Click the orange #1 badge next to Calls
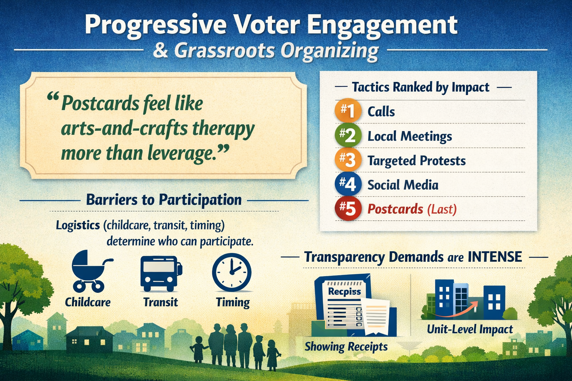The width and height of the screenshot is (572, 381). [348, 111]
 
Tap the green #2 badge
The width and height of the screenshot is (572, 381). [348, 136]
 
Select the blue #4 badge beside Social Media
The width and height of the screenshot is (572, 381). [348, 185]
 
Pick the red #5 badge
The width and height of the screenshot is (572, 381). [348, 209]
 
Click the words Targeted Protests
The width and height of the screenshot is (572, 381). [416, 161]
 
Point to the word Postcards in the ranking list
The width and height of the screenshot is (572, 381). [395, 209]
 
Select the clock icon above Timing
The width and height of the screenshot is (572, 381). [232, 272]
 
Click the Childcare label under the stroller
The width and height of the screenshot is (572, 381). [88, 302]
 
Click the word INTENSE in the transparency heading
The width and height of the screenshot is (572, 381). [495, 257]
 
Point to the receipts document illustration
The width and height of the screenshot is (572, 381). [350, 305]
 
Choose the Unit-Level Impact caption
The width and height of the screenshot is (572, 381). [470, 329]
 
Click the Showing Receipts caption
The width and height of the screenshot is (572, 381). [346, 347]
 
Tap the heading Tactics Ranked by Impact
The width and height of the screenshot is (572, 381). [420, 87]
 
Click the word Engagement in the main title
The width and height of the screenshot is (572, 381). [382, 25]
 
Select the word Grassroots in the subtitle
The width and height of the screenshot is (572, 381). [225, 51]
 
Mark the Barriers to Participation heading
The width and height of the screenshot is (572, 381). [163, 200]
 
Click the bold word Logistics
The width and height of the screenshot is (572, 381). [78, 225]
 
